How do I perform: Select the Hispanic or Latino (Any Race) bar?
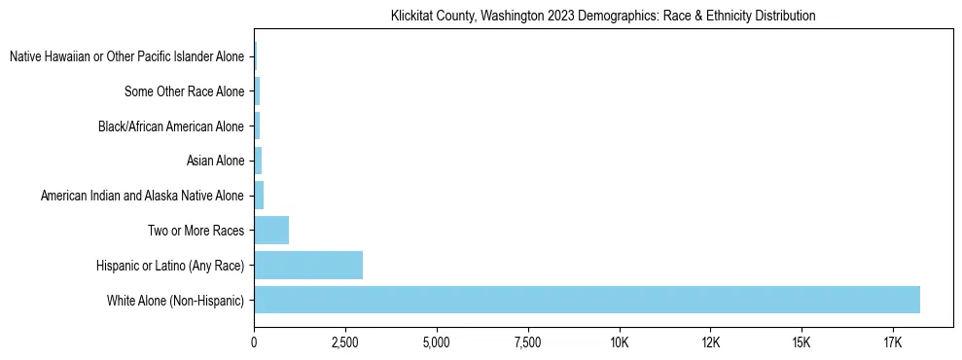pos(308,265)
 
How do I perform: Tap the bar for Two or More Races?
pos(271,231)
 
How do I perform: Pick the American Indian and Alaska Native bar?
pos(259,196)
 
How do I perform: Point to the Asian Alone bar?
pos(258,161)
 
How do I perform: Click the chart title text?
pos(603,17)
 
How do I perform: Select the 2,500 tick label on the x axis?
pos(345,343)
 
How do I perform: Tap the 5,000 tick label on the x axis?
pos(437,343)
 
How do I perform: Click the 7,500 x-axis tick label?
pos(528,343)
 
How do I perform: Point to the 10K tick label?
pos(620,343)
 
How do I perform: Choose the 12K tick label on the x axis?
pos(710,343)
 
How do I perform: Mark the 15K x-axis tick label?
pos(802,343)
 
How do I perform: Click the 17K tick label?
pos(893,343)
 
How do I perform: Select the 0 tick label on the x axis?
pos(254,343)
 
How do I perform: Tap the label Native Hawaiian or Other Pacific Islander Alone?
pos(126,57)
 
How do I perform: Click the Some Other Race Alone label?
pos(184,92)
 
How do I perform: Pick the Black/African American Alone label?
pos(171,126)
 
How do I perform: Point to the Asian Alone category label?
pos(215,162)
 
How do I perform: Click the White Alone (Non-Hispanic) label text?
pos(175,301)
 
